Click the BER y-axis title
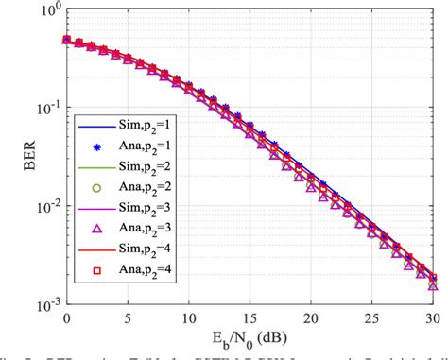pos(15,157)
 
